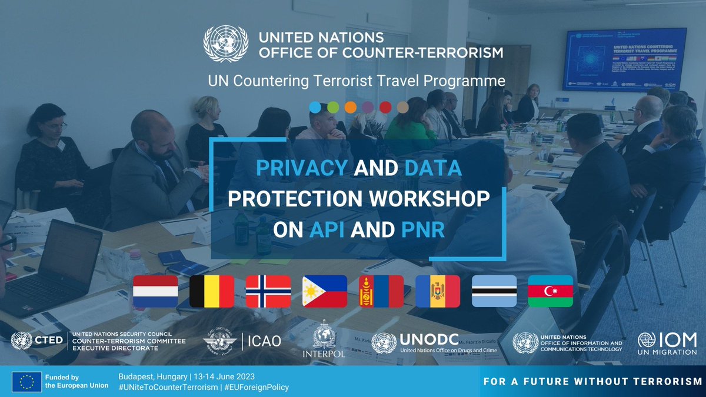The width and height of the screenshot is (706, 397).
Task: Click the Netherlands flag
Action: (x=155, y=292)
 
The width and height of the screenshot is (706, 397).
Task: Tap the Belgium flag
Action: (x=212, y=292)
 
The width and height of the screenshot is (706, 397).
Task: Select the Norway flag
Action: (x=268, y=292)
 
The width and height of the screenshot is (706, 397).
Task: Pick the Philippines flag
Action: (x=325, y=292)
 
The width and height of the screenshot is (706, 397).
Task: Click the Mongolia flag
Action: (x=381, y=292)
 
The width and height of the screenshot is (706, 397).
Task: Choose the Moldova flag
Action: (x=438, y=292)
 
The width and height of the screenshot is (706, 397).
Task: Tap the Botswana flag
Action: (x=494, y=292)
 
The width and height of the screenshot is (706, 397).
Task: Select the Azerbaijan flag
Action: (x=551, y=292)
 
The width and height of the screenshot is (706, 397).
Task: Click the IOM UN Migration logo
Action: (x=667, y=343)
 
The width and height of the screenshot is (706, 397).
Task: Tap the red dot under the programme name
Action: (x=385, y=107)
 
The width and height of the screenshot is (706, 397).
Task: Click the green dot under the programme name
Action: (x=332, y=107)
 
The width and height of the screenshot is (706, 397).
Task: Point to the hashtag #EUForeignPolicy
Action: (x=257, y=386)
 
